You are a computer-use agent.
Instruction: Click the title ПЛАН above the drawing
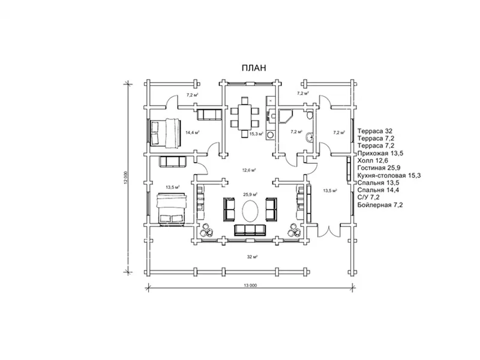(x=254, y=68)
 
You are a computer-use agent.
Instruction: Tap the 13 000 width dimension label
(x=250, y=286)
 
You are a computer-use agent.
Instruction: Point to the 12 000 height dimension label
(x=125, y=178)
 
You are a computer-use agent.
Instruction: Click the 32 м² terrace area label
(x=252, y=257)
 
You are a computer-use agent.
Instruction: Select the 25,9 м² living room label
(x=250, y=194)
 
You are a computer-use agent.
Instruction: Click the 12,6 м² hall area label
(x=249, y=170)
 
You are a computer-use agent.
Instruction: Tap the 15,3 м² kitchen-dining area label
(x=256, y=134)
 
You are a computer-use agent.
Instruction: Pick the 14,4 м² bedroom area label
(x=193, y=133)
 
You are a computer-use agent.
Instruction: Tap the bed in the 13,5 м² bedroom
(x=171, y=209)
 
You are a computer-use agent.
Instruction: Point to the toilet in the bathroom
(x=310, y=115)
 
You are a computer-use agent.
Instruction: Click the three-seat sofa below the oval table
(x=250, y=230)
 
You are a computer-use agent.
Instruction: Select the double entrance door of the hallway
(x=329, y=231)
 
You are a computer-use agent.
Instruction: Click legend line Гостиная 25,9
(x=379, y=168)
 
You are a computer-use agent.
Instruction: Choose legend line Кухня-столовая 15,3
(x=389, y=175)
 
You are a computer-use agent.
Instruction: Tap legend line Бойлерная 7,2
(x=380, y=205)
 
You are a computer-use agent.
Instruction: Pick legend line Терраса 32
(x=374, y=131)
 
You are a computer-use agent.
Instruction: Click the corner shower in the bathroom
(x=286, y=116)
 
